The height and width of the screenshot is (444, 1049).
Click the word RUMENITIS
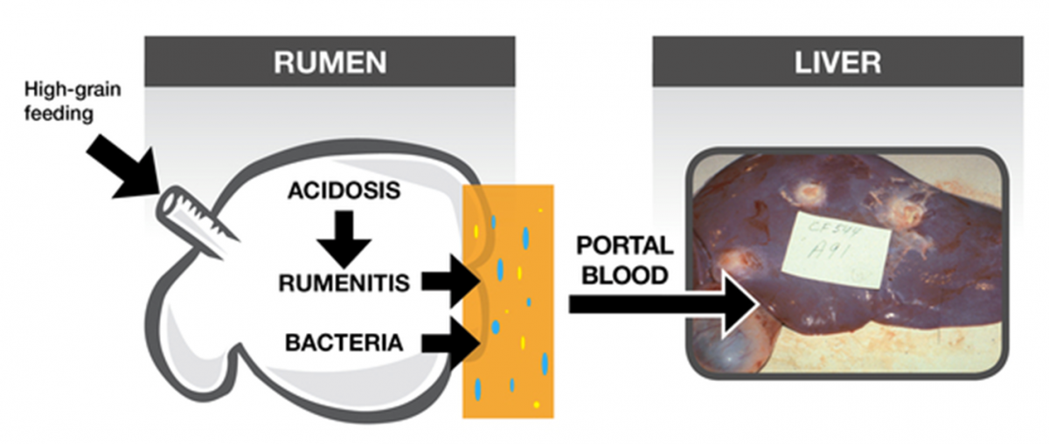(x=339, y=281)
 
